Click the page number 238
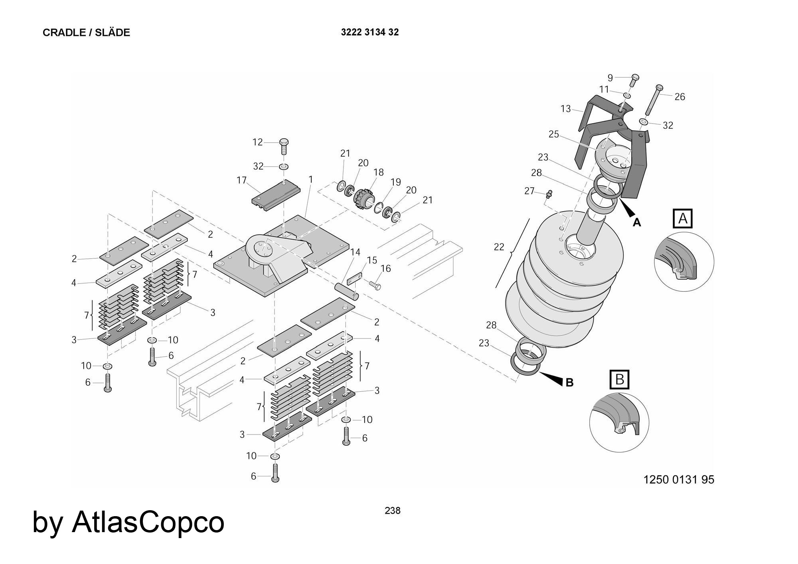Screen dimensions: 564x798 (x=392, y=511)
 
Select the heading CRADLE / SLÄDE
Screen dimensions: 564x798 (x=86, y=33)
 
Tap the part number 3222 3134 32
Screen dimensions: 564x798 (x=369, y=32)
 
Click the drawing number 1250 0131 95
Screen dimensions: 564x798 (x=679, y=479)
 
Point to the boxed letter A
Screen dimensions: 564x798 (x=683, y=218)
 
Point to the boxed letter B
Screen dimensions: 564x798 (x=619, y=379)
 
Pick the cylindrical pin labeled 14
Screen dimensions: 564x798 (x=346, y=290)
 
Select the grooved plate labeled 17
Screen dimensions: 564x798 (x=275, y=194)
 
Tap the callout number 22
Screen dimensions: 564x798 (x=499, y=247)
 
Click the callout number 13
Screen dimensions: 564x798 (x=565, y=109)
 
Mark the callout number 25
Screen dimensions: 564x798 (x=553, y=134)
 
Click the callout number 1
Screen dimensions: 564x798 (x=311, y=180)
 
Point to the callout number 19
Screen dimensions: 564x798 (x=395, y=182)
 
